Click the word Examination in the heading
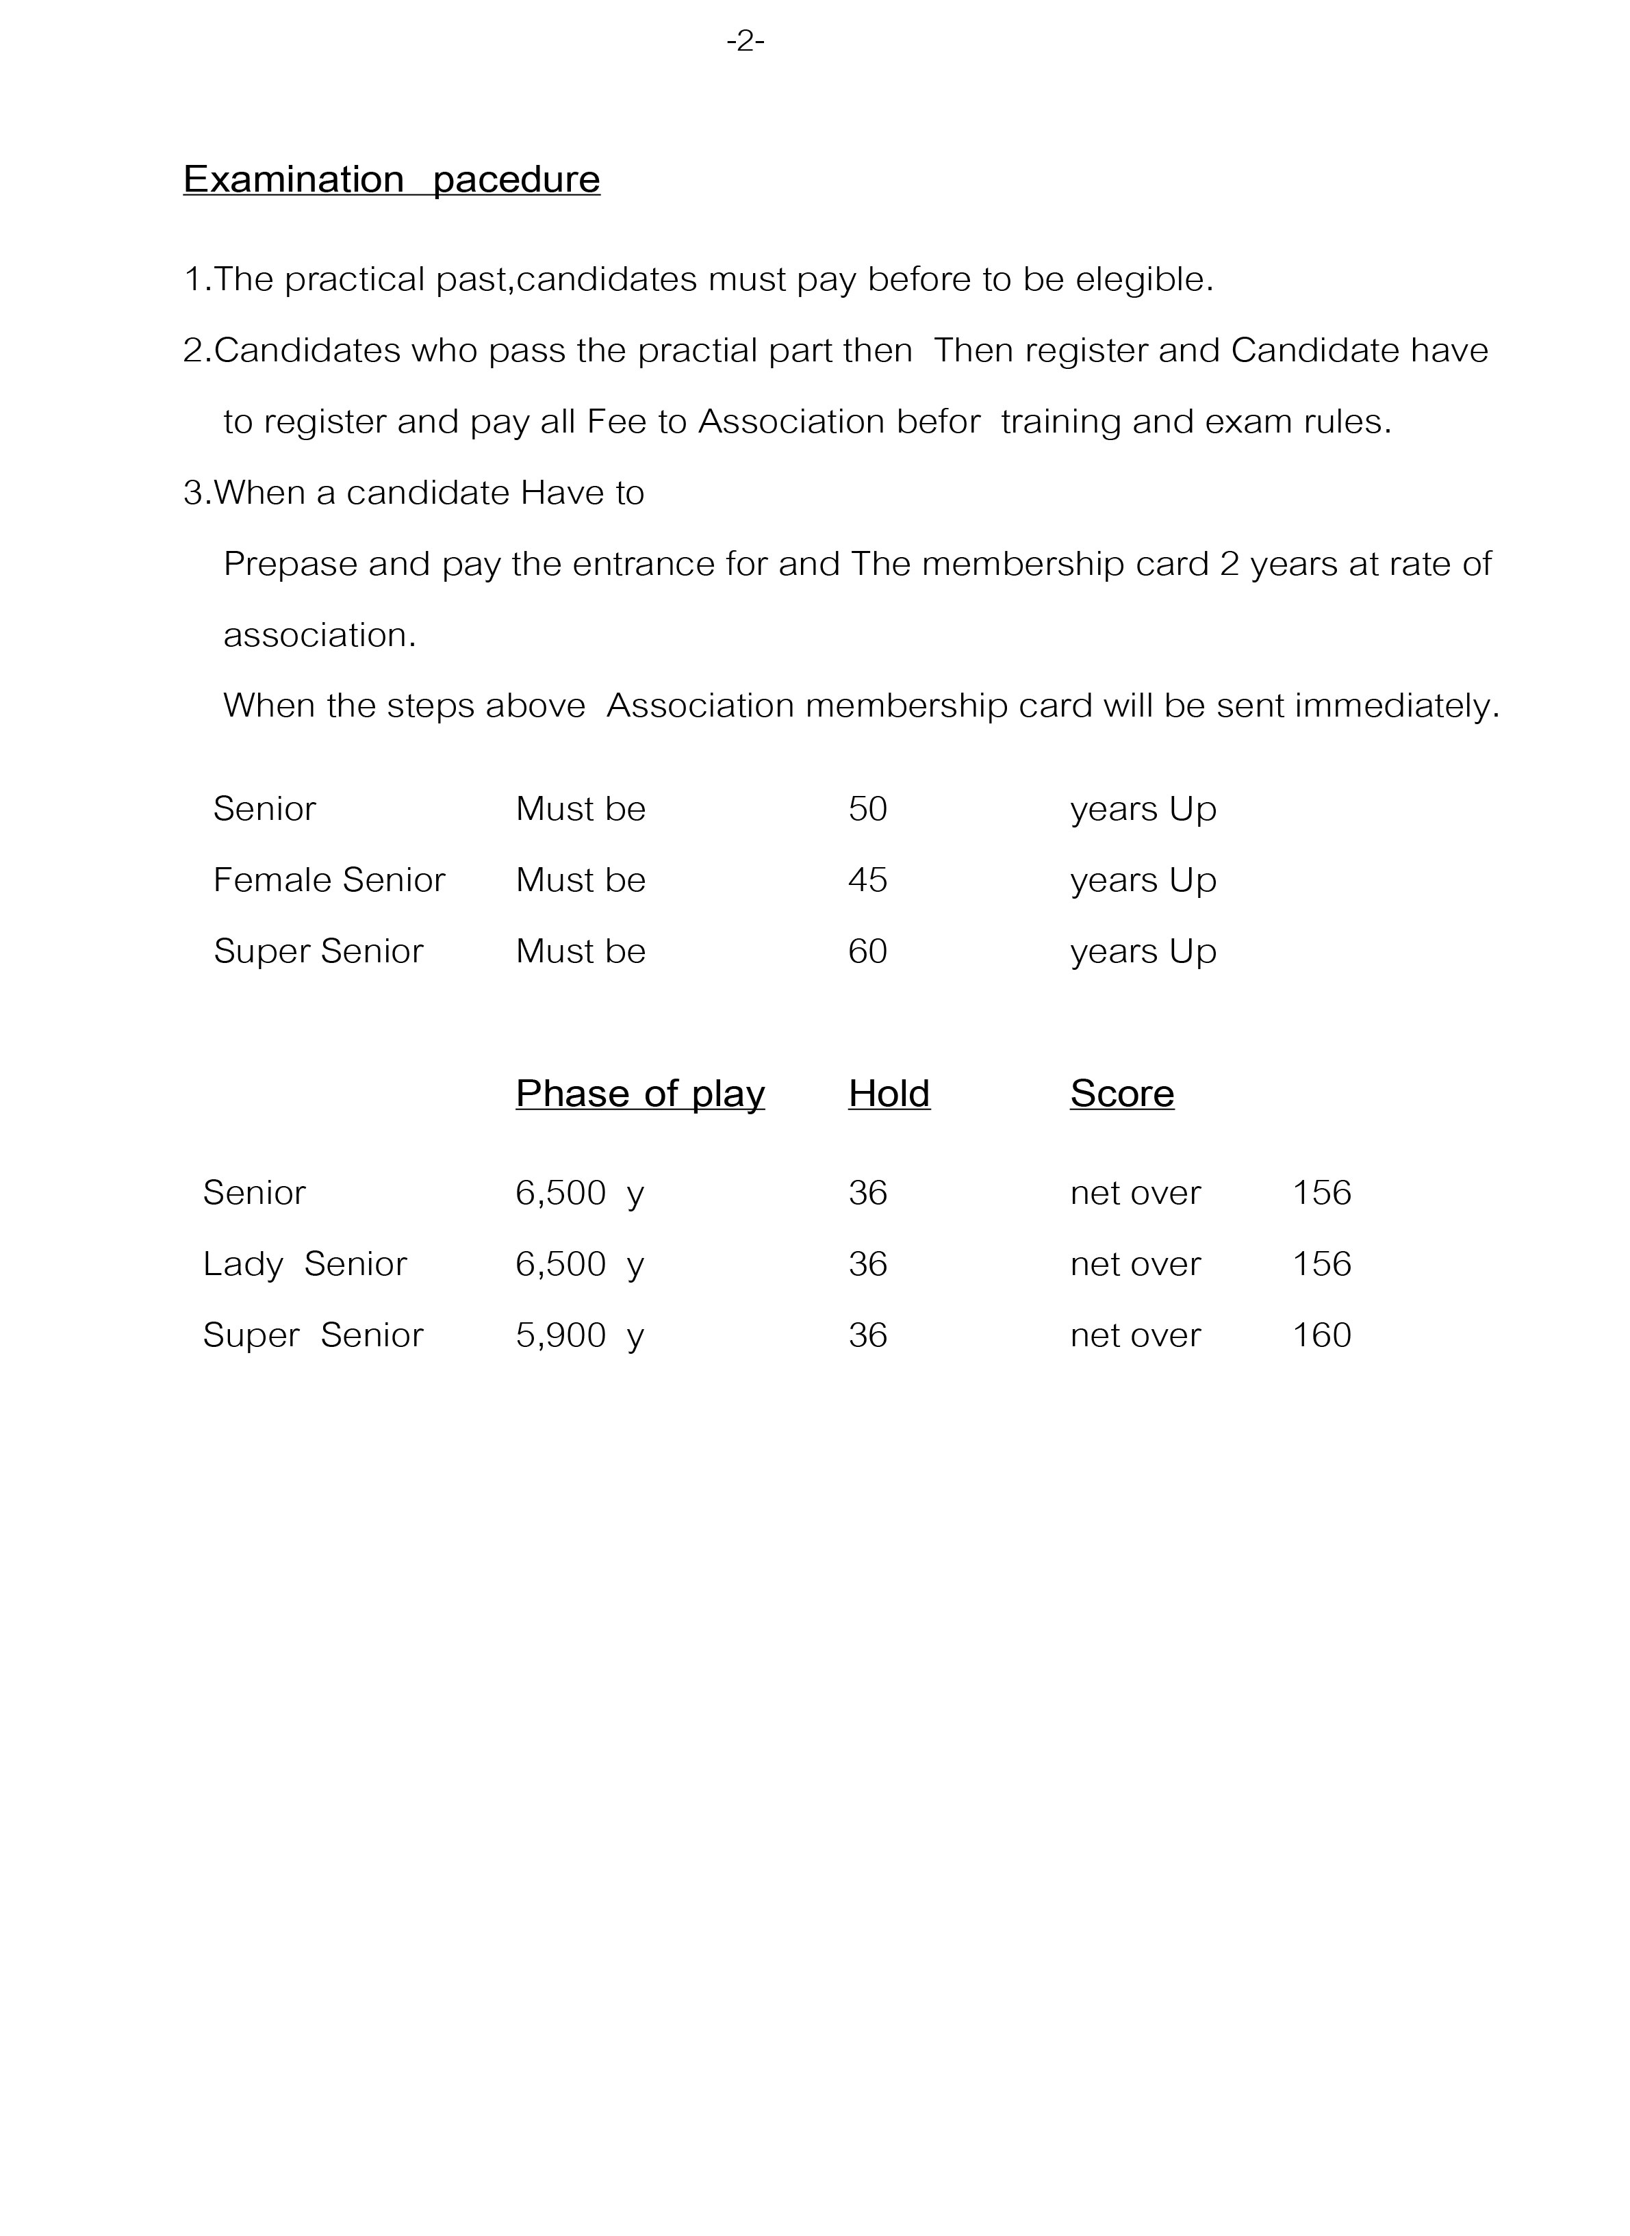tap(293, 179)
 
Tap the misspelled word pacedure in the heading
tap(516, 179)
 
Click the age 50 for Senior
tap(867, 809)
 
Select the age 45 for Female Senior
tap(867, 879)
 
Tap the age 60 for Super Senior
tap(867, 951)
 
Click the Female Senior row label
tap(329, 879)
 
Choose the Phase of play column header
tap(639, 1093)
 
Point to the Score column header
tap(1122, 1093)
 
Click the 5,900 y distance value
tap(579, 1335)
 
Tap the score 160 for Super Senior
tap(1321, 1335)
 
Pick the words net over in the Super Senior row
tap(1134, 1335)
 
